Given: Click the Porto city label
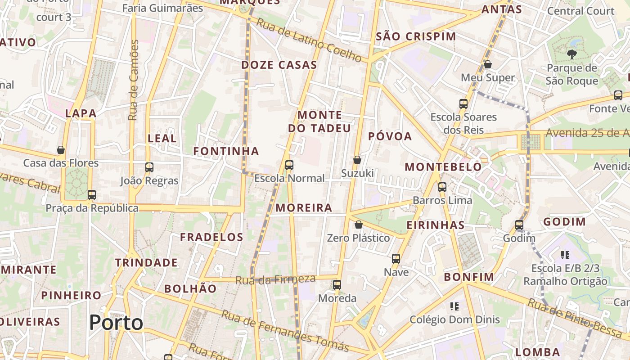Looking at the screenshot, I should [116, 323].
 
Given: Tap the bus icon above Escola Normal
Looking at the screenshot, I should [289, 165].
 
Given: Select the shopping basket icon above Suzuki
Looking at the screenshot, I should [357, 160].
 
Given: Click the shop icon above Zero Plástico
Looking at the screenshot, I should [359, 225].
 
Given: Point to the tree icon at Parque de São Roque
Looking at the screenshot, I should [572, 55].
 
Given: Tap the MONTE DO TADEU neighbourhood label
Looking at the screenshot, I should [319, 121].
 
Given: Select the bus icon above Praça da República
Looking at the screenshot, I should [92, 195].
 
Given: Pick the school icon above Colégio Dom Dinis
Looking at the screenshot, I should [454, 306].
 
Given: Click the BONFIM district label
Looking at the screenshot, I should [469, 277].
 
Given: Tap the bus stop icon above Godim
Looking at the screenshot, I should [519, 225].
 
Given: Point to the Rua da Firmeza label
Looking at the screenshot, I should [275, 280].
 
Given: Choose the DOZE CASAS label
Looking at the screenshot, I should [279, 65].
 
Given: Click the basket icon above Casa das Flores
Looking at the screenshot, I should [61, 150].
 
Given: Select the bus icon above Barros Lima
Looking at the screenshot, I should [442, 187].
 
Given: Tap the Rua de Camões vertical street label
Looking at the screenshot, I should [133, 80].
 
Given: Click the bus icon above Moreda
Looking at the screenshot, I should [337, 285].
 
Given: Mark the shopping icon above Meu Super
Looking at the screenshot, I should [488, 65].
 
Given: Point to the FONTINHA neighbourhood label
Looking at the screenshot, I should [226, 151].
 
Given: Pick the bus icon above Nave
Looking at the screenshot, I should [396, 259].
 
